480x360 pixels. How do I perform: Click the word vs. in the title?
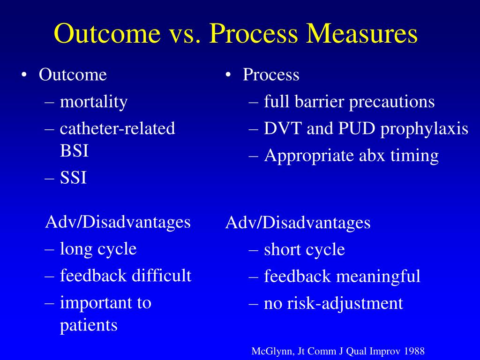pyautogui.click(x=181, y=34)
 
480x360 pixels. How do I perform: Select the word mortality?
pyautogui.click(x=93, y=101)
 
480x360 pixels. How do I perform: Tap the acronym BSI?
pyautogui.click(x=74, y=151)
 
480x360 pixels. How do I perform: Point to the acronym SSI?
pyautogui.click(x=73, y=178)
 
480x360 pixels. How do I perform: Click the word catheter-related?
pyautogui.click(x=117, y=128)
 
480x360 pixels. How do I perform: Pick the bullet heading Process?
pyautogui.click(x=270, y=75)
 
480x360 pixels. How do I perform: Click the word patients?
pyautogui.click(x=89, y=325)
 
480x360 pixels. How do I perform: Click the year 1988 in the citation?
pyautogui.click(x=415, y=351)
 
